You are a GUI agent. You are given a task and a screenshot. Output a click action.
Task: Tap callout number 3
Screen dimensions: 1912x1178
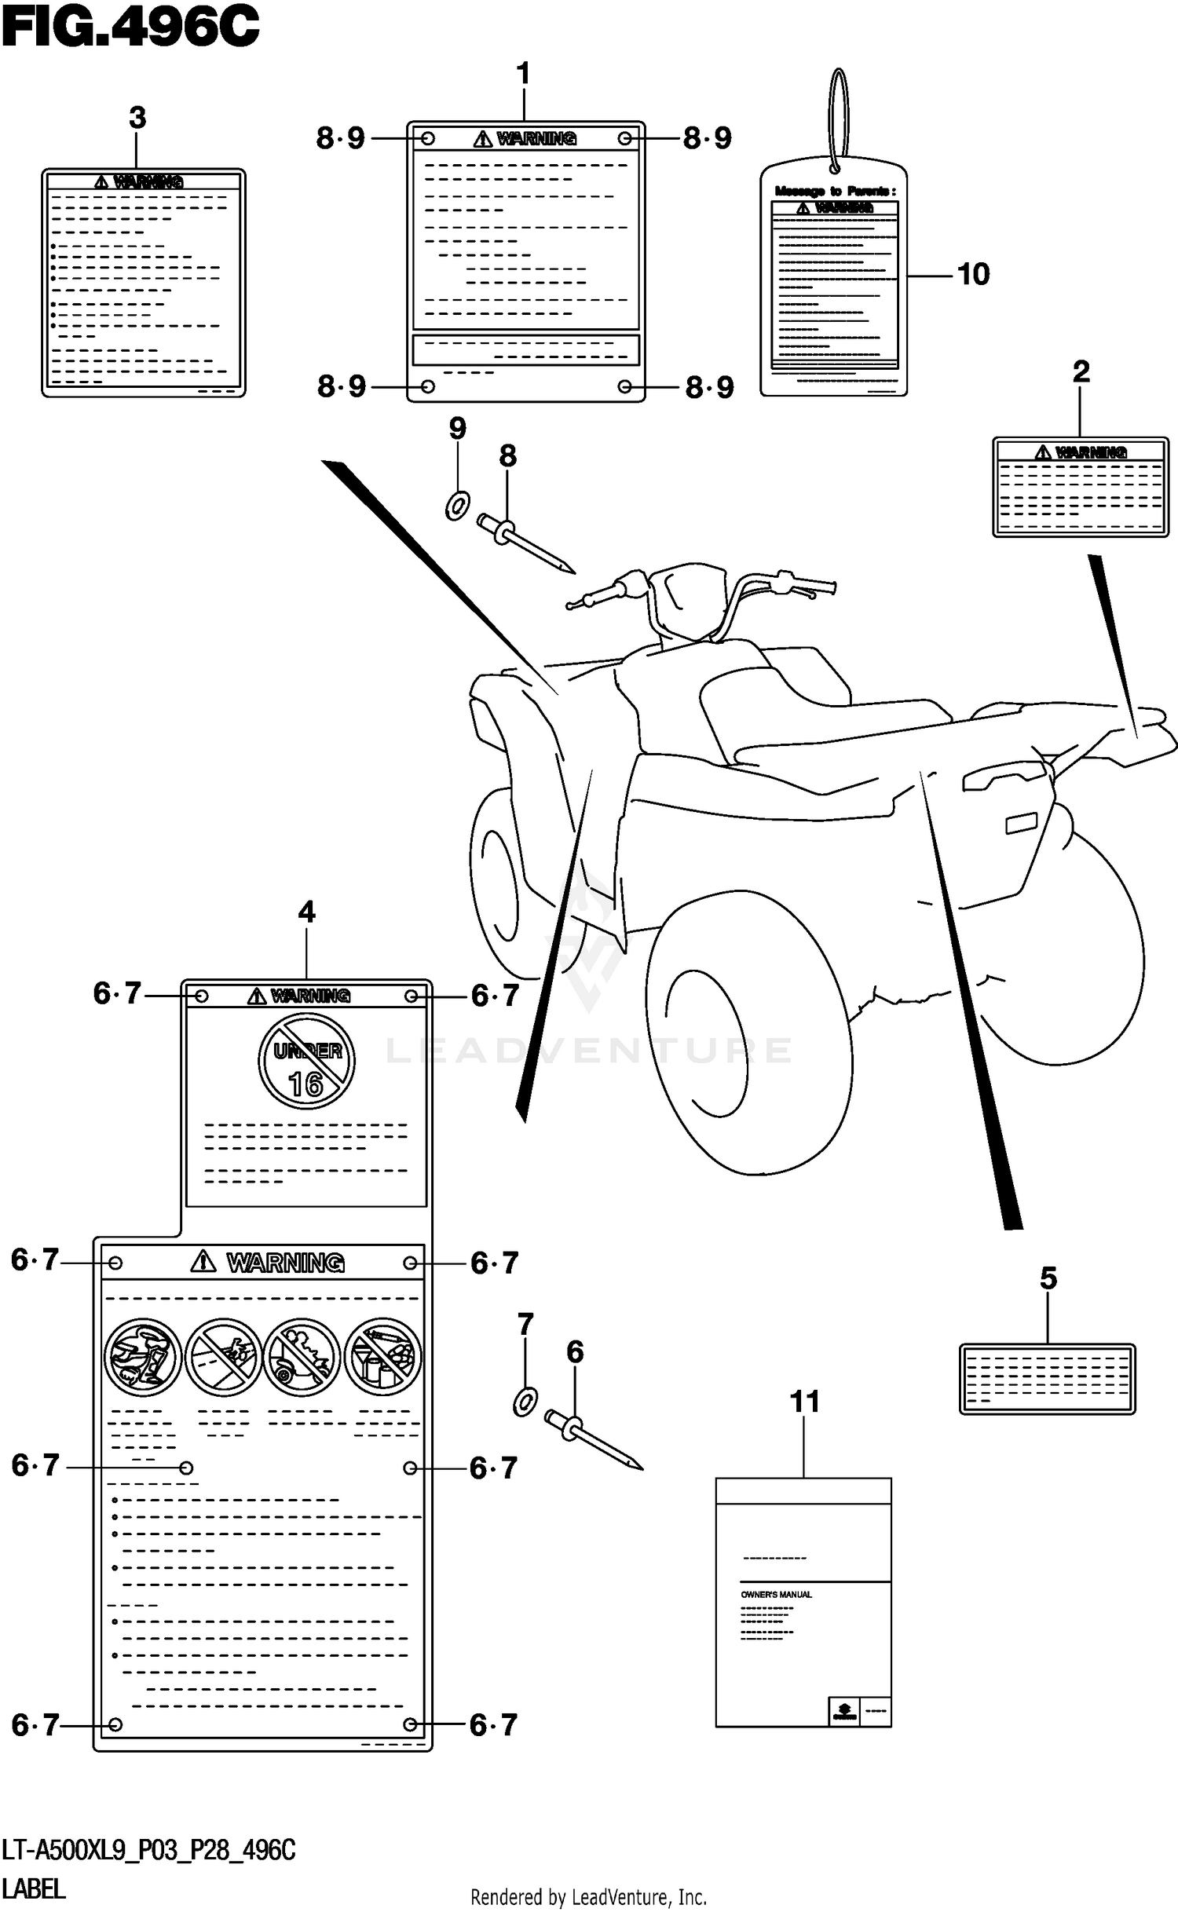137,119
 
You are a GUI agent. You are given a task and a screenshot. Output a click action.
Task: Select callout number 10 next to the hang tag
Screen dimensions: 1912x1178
973,275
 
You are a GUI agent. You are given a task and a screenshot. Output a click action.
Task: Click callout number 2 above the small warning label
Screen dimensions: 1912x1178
1081,372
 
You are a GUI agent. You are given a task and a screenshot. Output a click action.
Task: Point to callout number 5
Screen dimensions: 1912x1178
1048,1279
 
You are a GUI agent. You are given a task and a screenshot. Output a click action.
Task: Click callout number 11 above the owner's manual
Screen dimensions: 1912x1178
804,1402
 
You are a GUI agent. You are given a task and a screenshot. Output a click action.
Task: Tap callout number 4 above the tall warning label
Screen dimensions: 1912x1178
306,912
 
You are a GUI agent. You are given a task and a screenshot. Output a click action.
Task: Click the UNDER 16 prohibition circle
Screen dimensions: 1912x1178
306,1062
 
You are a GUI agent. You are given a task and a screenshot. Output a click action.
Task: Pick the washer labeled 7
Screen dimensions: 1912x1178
525,1402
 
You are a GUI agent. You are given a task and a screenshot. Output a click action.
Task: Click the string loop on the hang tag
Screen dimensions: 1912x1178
839,118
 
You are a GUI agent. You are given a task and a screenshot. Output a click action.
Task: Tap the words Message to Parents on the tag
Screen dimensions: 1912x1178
835,191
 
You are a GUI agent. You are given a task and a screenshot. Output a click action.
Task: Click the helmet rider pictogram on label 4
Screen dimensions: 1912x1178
143,1357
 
